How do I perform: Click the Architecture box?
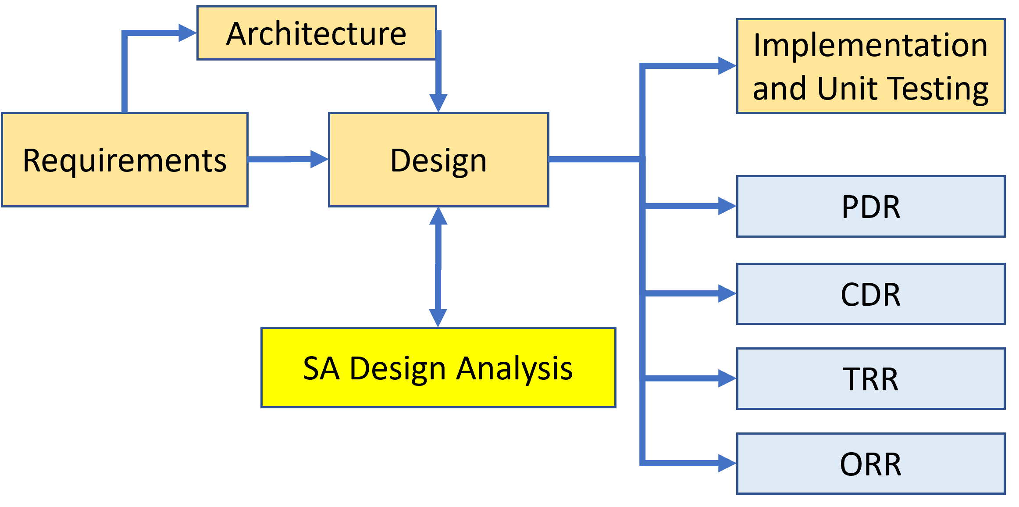pos(317,33)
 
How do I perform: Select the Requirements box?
pos(125,160)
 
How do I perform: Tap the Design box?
pos(438,160)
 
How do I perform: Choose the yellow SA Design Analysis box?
pos(438,368)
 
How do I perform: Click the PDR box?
pos(871,207)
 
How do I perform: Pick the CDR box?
pos(871,294)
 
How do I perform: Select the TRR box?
pos(871,379)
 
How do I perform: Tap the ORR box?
pos(871,464)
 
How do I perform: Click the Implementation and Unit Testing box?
pos(871,66)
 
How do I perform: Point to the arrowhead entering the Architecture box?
pos(188,33)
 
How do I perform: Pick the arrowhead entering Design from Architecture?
pos(438,103)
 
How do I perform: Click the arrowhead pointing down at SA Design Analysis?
pos(438,318)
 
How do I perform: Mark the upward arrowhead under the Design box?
pos(438,216)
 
